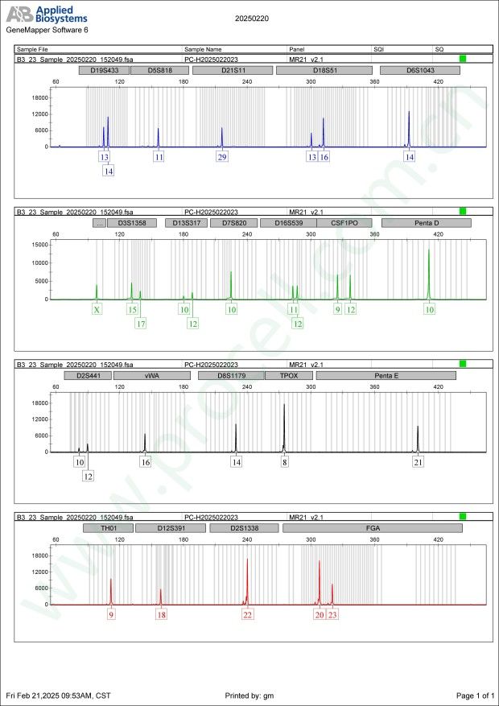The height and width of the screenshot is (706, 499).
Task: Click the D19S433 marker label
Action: (x=103, y=70)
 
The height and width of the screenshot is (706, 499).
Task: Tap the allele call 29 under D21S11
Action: (x=222, y=157)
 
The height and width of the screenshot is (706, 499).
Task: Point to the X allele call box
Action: (x=97, y=309)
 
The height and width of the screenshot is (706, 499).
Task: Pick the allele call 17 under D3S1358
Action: (x=141, y=324)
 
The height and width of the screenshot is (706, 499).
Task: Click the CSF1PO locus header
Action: (x=345, y=222)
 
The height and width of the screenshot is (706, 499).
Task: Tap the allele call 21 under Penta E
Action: (x=419, y=462)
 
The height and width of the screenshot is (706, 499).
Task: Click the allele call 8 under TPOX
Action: (x=284, y=462)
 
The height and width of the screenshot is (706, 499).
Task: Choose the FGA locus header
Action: (x=373, y=528)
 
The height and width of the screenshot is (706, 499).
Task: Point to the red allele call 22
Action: (x=248, y=615)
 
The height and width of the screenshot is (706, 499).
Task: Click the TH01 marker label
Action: (x=108, y=528)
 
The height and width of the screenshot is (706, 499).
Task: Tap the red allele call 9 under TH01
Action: (x=112, y=615)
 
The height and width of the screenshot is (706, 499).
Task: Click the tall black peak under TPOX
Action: (x=284, y=427)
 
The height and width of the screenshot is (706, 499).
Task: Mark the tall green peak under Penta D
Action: (x=429, y=274)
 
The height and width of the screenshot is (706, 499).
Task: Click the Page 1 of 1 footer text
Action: (x=474, y=695)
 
